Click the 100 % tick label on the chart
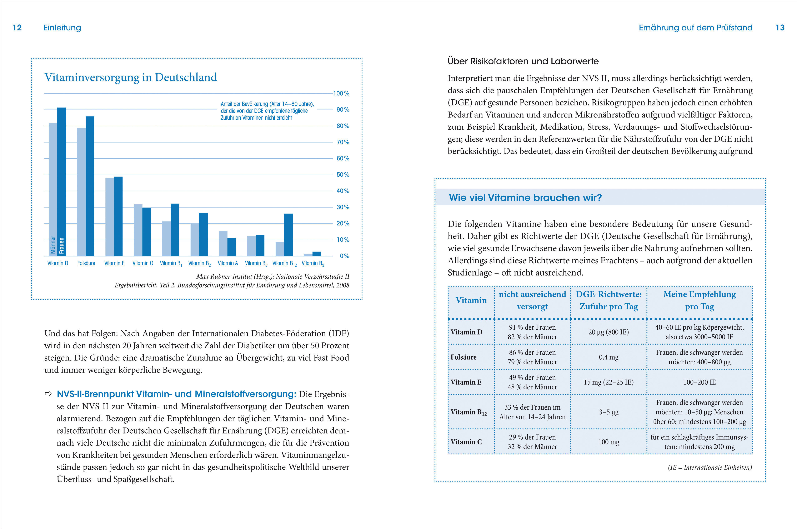point(341,94)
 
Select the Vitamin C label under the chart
point(143,263)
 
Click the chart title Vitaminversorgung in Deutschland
point(131,77)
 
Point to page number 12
point(17,28)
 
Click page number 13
point(780,28)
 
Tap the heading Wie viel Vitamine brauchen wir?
point(525,198)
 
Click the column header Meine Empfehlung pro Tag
point(700,300)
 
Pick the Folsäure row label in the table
point(463,357)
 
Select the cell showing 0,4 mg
point(608,357)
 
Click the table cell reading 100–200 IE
point(700,382)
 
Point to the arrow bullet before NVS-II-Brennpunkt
point(48,394)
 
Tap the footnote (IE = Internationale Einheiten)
point(710,467)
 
